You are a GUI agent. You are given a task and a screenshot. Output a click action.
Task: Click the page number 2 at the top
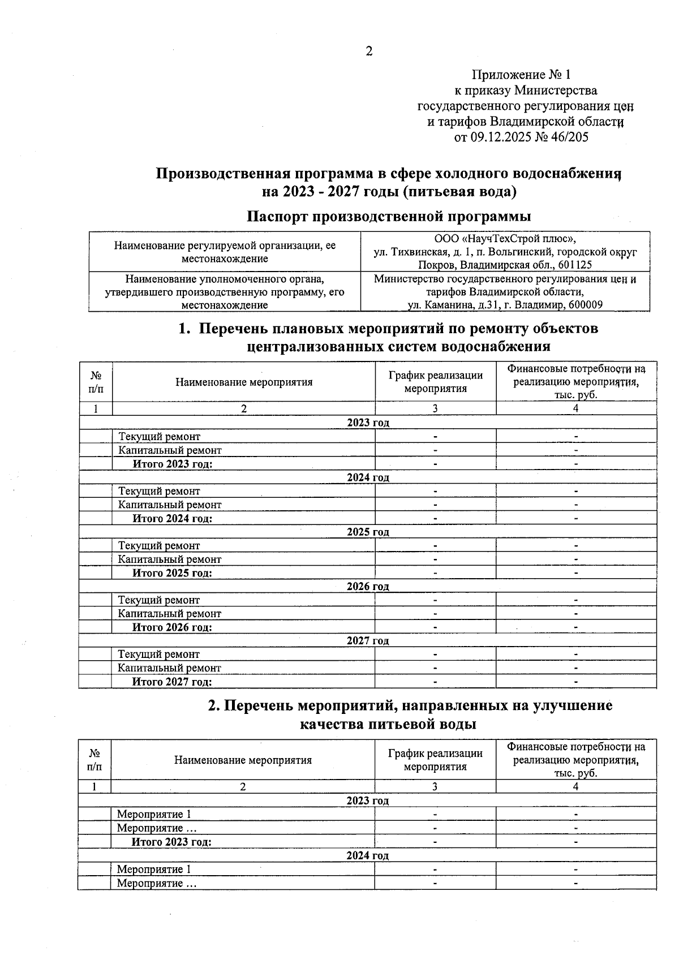point(369,51)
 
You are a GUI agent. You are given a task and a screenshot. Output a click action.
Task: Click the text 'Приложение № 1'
point(521,75)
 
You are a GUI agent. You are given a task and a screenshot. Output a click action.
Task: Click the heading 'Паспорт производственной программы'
point(389,216)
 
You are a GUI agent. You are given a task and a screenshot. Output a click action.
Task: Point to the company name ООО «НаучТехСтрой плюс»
point(505,239)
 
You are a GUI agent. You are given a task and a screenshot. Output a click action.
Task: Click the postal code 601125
point(575,265)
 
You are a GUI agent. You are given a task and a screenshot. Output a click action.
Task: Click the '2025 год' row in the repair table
point(368,532)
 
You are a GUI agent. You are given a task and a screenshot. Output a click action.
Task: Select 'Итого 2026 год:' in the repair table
point(172,627)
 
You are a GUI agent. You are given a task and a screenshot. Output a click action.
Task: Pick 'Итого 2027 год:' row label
point(172,682)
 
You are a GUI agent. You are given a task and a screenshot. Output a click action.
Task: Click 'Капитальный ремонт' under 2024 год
point(170,505)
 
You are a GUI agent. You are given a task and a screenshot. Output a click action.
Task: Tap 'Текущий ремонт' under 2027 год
point(159,654)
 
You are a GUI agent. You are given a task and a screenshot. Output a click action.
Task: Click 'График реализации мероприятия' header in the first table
point(435,382)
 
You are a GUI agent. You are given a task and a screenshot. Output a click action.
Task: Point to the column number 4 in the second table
point(575,786)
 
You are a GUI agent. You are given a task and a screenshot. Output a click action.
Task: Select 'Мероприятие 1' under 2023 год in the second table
point(154,814)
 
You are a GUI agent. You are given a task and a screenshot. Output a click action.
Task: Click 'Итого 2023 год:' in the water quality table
point(171,842)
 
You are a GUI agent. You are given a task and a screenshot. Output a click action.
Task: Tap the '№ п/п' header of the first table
point(96,382)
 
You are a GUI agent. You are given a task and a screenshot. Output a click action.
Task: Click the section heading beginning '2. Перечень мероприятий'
point(410,705)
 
